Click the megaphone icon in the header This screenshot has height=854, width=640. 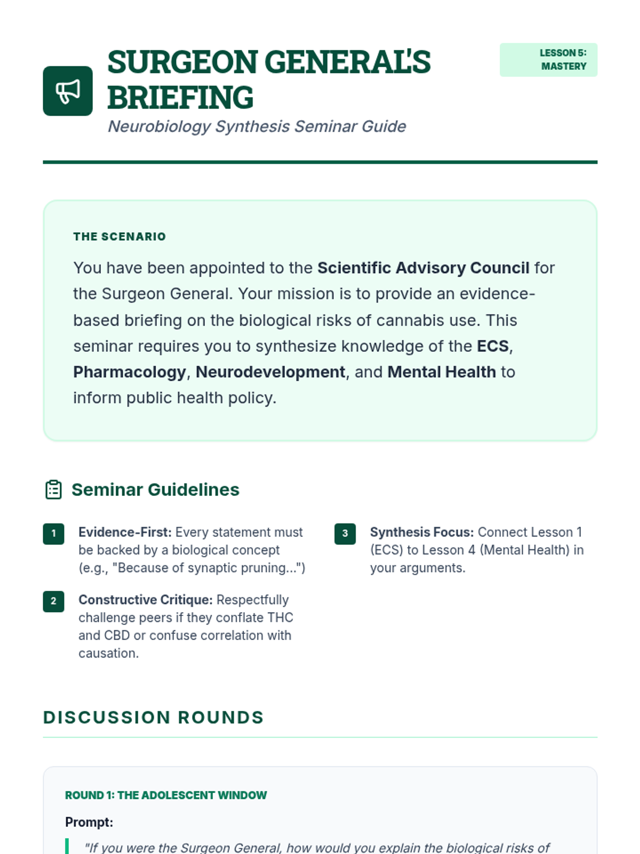[x=68, y=91]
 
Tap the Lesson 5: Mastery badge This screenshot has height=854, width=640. [x=548, y=60]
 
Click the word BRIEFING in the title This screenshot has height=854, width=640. [x=180, y=98]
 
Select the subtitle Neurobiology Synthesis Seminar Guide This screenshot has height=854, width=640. [x=257, y=126]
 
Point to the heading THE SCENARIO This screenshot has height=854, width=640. [x=119, y=236]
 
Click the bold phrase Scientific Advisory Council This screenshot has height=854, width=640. [x=423, y=268]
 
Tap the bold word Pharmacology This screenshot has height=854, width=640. [x=130, y=372]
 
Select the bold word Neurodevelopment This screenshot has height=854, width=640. [x=270, y=372]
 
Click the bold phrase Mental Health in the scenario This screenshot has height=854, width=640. [x=441, y=372]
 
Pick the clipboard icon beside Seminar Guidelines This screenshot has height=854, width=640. [x=53, y=489]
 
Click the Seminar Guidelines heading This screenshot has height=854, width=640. [x=155, y=489]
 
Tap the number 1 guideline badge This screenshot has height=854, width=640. [x=53, y=533]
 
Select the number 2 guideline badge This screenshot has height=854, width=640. [x=53, y=601]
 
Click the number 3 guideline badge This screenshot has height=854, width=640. [x=345, y=533]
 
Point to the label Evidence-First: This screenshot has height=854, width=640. [x=125, y=532]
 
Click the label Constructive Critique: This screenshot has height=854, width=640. [x=146, y=600]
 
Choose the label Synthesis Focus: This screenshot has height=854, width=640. [x=421, y=532]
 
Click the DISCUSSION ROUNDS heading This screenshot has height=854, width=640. [x=154, y=717]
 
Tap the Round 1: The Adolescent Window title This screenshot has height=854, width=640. [x=166, y=795]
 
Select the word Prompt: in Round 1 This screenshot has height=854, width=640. [x=89, y=822]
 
